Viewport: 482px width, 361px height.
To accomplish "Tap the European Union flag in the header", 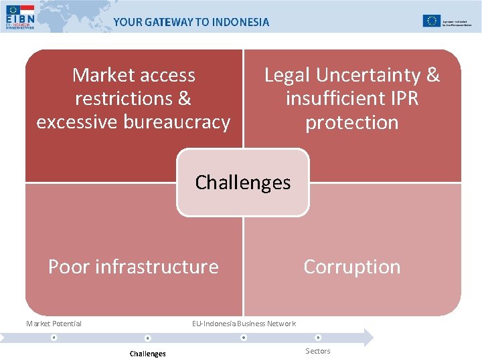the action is tap(431, 21).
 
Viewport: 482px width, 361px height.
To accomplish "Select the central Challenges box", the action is tap(243, 183).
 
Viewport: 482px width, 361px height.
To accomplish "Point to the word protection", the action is tap(351, 123).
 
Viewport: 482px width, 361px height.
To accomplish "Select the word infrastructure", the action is tap(157, 267).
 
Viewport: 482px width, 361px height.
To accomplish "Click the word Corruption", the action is tap(351, 267).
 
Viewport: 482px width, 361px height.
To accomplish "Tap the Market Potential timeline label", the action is tap(54, 324).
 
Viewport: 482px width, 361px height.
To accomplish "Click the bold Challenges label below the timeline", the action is tap(148, 353).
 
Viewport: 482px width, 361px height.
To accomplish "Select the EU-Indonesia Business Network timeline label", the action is tap(244, 324).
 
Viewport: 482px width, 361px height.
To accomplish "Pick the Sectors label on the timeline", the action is tap(318, 351).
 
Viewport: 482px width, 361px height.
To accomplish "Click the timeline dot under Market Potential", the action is tap(54, 338).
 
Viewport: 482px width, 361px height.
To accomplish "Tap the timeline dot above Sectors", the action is tap(318, 338).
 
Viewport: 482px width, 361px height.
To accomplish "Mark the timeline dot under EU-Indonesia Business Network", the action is tap(244, 338).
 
